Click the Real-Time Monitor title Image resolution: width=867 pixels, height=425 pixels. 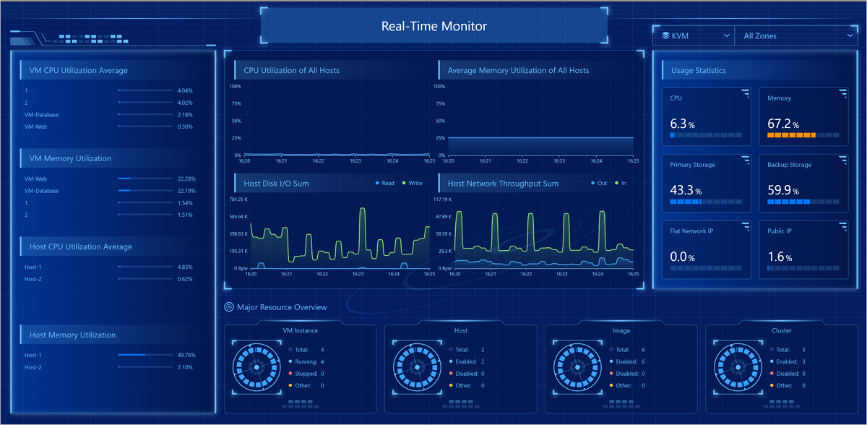pos(433,27)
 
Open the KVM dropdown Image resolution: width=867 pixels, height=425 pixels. pos(693,35)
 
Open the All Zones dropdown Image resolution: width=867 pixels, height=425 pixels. pos(795,35)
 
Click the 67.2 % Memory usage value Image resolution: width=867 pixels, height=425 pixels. pos(783,124)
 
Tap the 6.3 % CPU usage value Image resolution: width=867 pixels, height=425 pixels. pos(682,124)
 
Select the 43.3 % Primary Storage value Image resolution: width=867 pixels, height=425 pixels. pos(686,191)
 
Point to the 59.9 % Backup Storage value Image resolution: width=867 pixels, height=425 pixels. pos(783,191)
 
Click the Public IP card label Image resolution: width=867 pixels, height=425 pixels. pos(780,231)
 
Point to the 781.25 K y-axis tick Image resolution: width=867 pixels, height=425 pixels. pos(238,199)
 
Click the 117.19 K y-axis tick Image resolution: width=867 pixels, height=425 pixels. pos(442,199)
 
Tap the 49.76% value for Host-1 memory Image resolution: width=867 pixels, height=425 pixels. pos(185,355)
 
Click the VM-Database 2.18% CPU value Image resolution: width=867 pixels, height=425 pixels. pos(185,115)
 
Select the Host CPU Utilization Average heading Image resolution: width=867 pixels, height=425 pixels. pos(81,247)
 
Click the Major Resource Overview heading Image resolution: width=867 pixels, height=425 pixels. pos(282,307)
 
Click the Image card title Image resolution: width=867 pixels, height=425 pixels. pos(621,330)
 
